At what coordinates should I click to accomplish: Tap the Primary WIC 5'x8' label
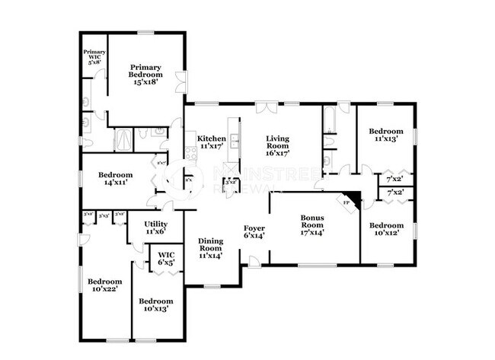(94, 59)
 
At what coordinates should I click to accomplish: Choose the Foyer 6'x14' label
(254, 231)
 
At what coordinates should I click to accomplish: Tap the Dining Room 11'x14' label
(211, 248)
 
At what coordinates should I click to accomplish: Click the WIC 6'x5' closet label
(165, 258)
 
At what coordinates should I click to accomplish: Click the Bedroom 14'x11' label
(115, 179)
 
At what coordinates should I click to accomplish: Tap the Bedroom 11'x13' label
(385, 135)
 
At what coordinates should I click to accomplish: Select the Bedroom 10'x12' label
(386, 229)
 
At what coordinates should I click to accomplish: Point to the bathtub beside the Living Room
(330, 126)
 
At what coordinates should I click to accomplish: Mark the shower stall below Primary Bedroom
(123, 139)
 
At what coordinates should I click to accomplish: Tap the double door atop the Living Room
(265, 106)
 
